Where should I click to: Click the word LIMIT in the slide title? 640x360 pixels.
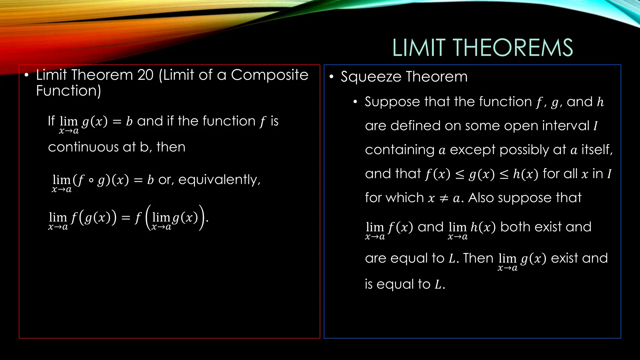click(419, 48)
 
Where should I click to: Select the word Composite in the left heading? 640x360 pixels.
click(269, 75)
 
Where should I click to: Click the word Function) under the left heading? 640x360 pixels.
click(68, 91)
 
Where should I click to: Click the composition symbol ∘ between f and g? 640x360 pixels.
click(91, 180)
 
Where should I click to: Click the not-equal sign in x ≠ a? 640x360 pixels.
click(444, 198)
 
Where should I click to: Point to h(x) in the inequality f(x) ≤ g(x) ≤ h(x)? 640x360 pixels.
click(525, 174)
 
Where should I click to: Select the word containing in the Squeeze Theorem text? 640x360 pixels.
click(399, 150)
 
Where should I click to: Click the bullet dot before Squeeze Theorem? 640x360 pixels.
click(331, 77)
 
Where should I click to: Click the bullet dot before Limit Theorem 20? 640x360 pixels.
click(27, 75)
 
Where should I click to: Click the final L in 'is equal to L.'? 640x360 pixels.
click(438, 284)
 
